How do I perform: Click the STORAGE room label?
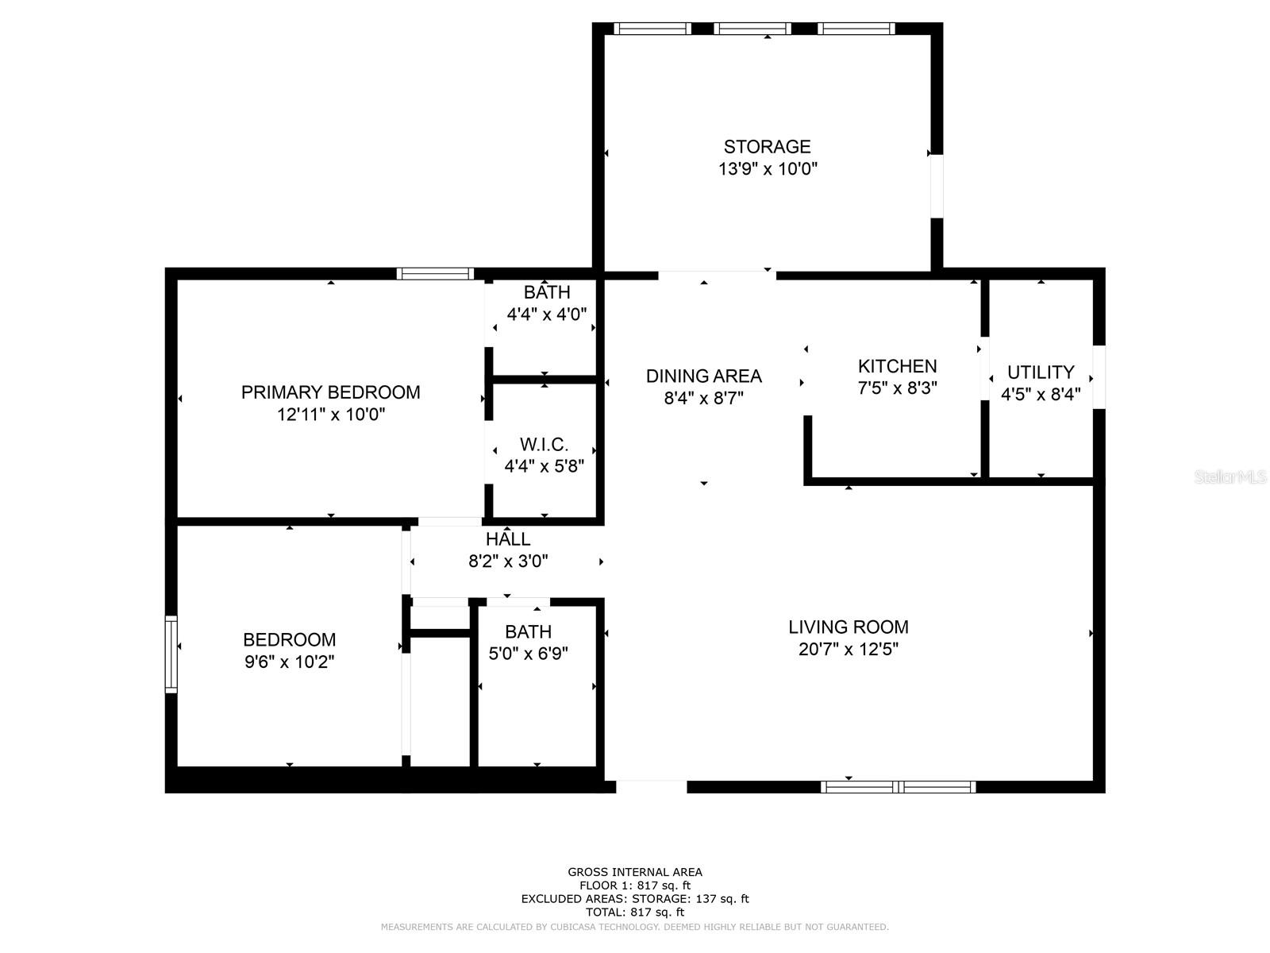coord(767,147)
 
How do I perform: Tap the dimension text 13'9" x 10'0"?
coord(767,169)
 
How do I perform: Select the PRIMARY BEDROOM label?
coord(330,392)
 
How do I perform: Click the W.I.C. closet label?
coord(544,445)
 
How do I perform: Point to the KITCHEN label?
coord(897,366)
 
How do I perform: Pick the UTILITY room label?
coord(1040,372)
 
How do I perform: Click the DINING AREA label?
coord(703,376)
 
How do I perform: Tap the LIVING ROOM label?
coord(848,627)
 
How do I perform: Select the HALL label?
coord(508,539)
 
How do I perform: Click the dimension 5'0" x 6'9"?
coord(528,654)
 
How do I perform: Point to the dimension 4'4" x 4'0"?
coord(546,314)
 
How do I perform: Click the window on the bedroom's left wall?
coord(171,654)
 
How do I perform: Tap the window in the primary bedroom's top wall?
coord(435,274)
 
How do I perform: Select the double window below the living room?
coord(898,787)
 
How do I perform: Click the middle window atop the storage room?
coord(752,29)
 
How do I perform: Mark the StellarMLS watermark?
coord(1230,477)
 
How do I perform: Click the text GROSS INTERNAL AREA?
coord(634,872)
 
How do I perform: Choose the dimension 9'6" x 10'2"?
coord(289,662)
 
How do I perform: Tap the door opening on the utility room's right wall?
coord(1099,377)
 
